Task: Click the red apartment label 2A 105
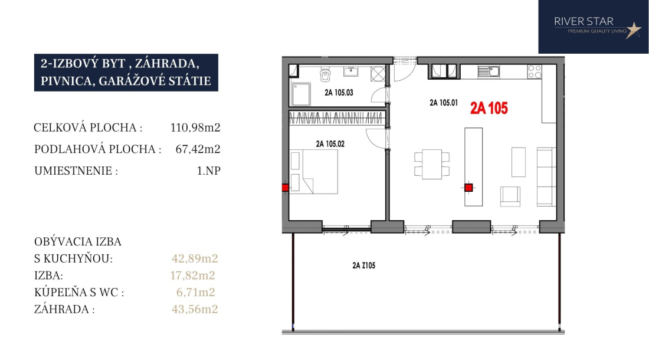click(489, 109)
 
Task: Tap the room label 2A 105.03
click(339, 93)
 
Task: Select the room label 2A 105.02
click(330, 144)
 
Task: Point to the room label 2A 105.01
click(444, 103)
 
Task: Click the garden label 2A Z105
click(364, 266)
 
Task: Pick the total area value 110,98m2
click(195, 127)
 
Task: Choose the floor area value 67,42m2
click(198, 149)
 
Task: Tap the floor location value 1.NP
click(209, 171)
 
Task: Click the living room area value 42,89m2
click(195, 258)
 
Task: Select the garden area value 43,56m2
click(195, 309)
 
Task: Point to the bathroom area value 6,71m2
click(195, 292)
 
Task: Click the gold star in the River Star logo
click(633, 30)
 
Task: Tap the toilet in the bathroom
click(325, 74)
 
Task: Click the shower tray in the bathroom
click(301, 94)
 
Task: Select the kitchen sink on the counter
click(489, 72)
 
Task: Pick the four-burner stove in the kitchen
click(535, 71)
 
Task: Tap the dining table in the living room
click(432, 164)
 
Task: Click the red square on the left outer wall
click(285, 188)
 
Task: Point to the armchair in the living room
click(510, 197)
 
